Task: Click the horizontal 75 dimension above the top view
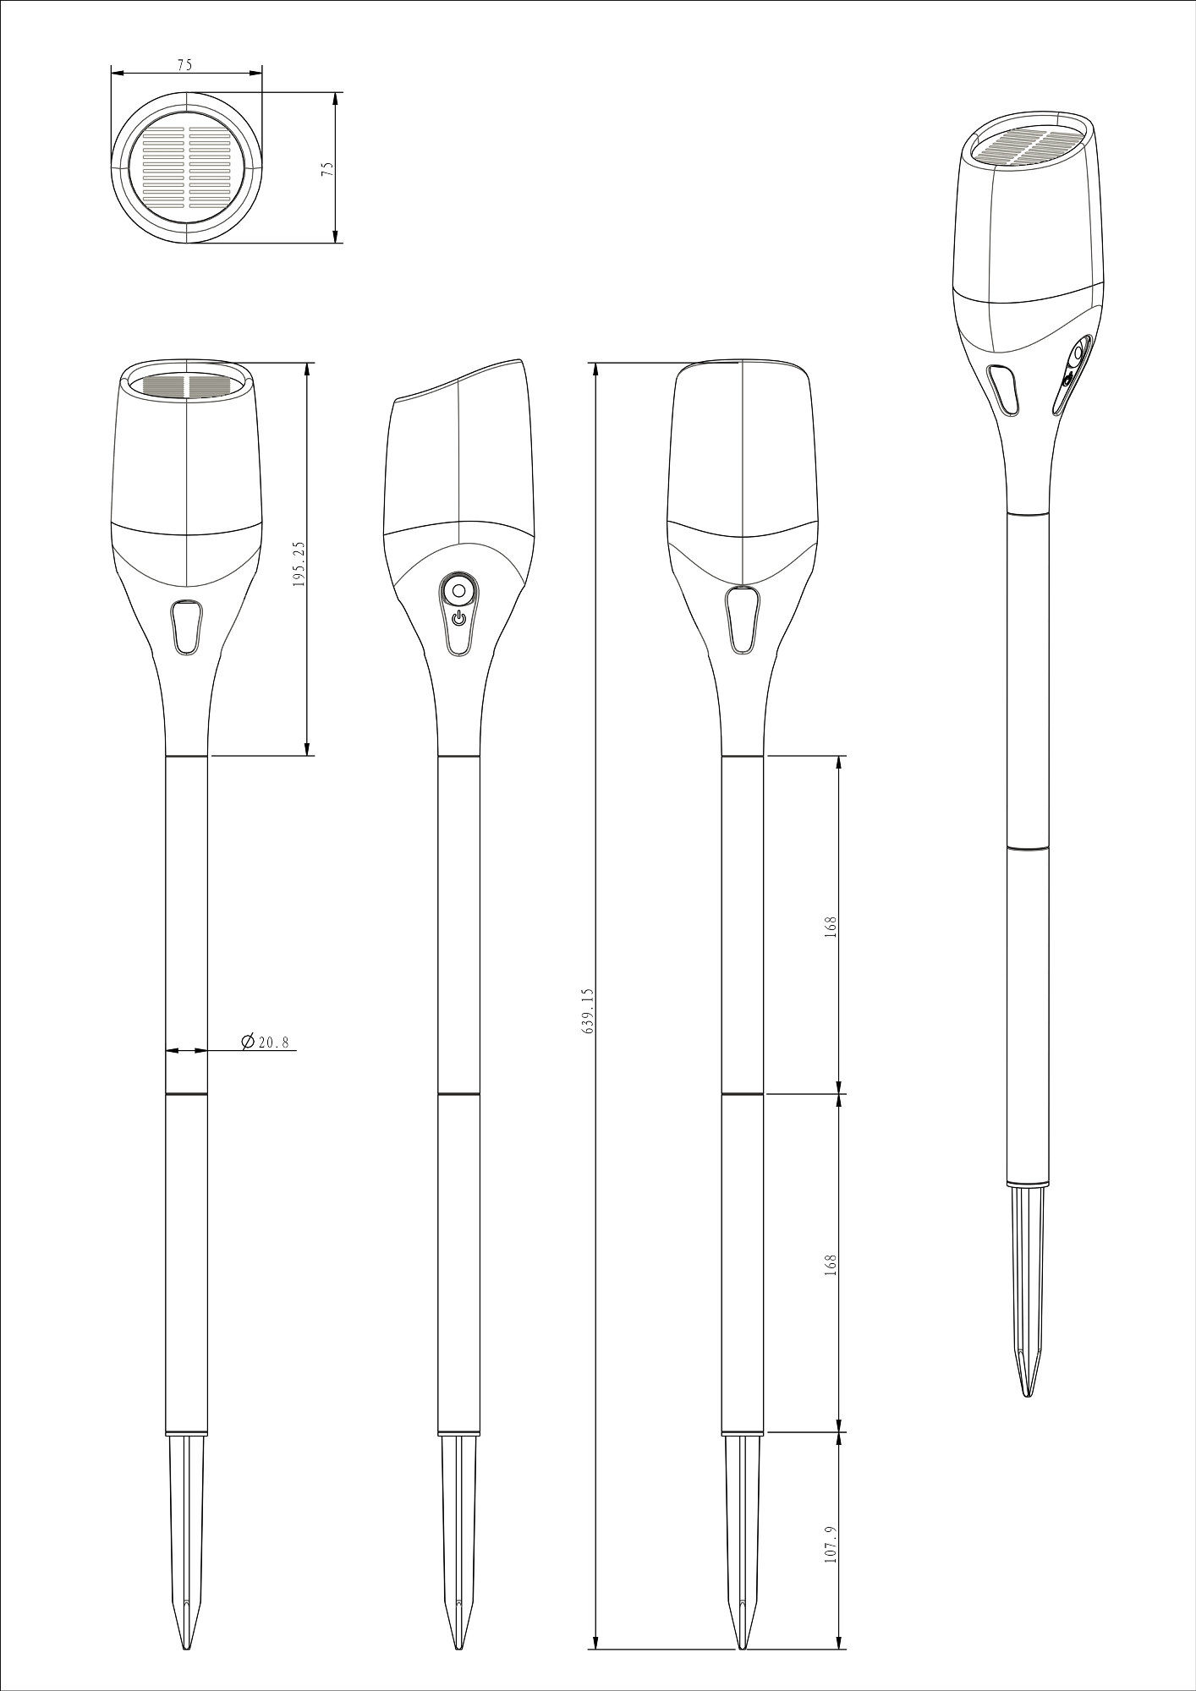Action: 184,64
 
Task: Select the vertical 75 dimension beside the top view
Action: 327,168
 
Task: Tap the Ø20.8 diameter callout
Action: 265,1043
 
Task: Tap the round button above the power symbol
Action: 458,590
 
